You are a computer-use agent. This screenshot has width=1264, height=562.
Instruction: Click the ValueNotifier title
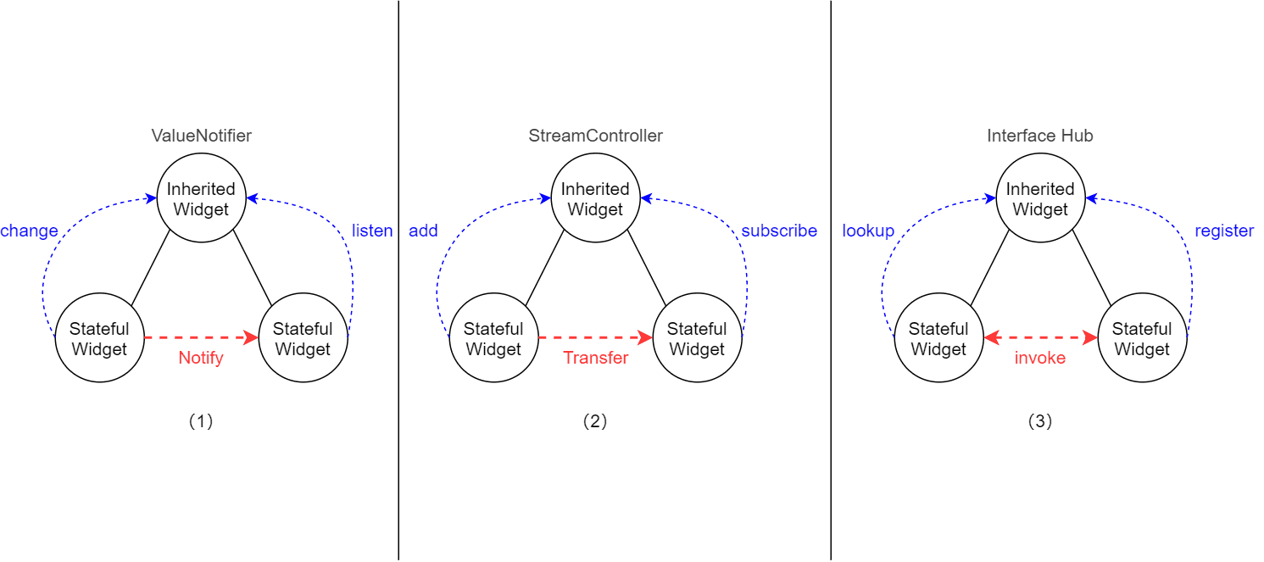click(x=201, y=136)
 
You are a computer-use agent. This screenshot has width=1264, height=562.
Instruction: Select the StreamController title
click(x=595, y=136)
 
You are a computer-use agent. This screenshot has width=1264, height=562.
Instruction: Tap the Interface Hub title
click(x=1039, y=136)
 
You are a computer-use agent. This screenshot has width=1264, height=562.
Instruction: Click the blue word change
click(x=30, y=231)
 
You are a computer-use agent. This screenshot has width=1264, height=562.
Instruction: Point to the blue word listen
click(x=372, y=231)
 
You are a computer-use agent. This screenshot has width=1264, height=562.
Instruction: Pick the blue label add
click(x=423, y=231)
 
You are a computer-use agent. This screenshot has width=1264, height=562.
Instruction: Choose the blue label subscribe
click(x=779, y=231)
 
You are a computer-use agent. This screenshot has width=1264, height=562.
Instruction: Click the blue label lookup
click(x=868, y=231)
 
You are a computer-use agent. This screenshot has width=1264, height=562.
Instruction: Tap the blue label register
click(x=1223, y=231)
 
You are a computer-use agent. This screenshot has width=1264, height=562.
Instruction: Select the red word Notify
click(x=201, y=358)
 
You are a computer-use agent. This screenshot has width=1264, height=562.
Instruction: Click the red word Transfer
click(x=595, y=358)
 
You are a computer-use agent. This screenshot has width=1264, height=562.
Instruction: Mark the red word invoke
click(x=1039, y=358)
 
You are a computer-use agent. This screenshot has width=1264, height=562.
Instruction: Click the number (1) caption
click(x=201, y=421)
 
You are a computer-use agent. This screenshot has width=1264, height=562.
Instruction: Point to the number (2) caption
click(x=595, y=421)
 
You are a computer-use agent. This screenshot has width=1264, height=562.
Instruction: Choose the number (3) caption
click(x=1039, y=421)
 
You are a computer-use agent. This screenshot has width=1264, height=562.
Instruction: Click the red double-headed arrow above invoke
click(x=1039, y=338)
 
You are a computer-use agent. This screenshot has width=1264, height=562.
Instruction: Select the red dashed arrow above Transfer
click(x=595, y=338)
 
